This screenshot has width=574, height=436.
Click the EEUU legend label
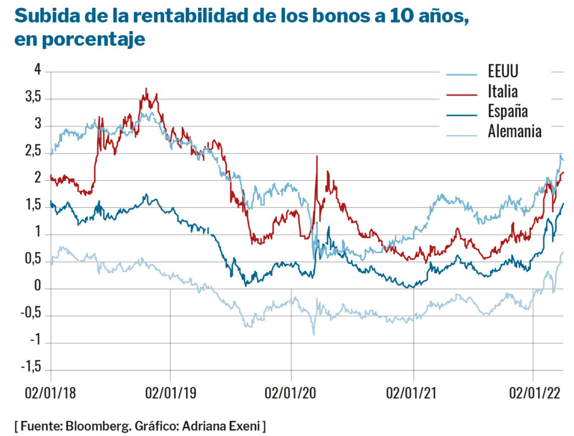pyautogui.click(x=503, y=72)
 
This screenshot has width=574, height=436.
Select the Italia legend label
pyautogui.click(x=503, y=91)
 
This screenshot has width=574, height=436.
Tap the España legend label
pyautogui.click(x=508, y=111)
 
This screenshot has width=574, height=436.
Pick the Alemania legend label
pyautogui.click(x=515, y=132)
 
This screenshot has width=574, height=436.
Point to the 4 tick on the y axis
pyautogui.click(x=38, y=71)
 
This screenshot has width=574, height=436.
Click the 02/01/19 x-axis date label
pyautogui.click(x=170, y=393)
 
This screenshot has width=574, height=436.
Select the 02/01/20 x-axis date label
pyautogui.click(x=291, y=393)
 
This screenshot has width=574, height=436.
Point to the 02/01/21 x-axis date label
pyautogui.click(x=413, y=393)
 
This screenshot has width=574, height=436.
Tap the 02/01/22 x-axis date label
pyautogui.click(x=534, y=393)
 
